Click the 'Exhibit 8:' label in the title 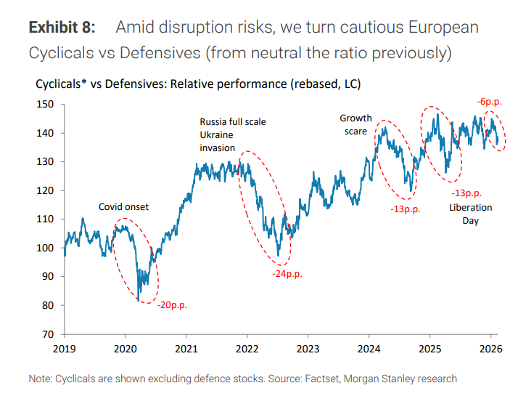(x=61, y=28)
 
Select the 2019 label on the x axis (x=65, y=349)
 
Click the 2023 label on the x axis (x=308, y=349)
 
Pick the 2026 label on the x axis (x=490, y=349)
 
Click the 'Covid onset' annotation (x=123, y=207)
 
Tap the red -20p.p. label (x=172, y=305)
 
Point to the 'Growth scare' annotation (x=355, y=125)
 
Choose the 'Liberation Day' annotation (x=470, y=214)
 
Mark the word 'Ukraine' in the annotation (x=218, y=135)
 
